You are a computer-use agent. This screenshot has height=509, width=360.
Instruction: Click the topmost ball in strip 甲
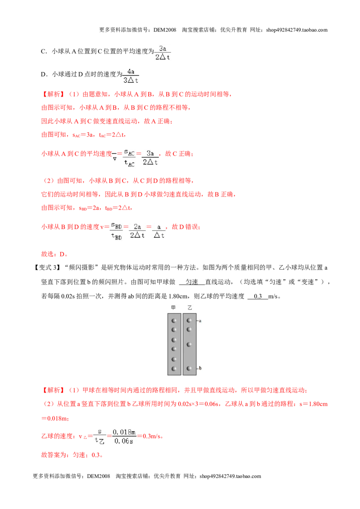coord(174,321)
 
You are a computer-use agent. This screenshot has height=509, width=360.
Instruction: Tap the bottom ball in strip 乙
coord(189,368)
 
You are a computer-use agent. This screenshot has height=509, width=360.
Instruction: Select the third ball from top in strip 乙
coord(189,344)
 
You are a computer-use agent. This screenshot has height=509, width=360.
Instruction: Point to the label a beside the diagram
coord(200,321)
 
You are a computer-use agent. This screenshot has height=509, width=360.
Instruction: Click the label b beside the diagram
coord(200,368)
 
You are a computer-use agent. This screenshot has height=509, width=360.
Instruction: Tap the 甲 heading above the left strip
coord(174,308)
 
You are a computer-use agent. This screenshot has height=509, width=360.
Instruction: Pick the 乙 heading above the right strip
coord(190,308)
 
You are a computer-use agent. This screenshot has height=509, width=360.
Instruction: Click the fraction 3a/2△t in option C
coord(162,53)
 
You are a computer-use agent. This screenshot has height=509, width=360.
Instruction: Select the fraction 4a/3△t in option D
coord(131,76)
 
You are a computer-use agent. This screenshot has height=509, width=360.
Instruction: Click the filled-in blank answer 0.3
coord(258,296)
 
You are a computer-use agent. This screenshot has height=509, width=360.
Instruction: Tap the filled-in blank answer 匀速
coord(192,282)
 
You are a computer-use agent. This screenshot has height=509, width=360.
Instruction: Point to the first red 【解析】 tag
coord(54,94)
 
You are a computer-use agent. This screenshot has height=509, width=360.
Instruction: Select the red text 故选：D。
coord(54,254)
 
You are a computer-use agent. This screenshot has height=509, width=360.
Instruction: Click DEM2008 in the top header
coord(165,30)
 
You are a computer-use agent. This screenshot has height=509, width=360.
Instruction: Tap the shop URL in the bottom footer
coord(230,476)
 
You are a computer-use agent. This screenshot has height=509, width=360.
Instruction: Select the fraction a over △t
coord(159,231)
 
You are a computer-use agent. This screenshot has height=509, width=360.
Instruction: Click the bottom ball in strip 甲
coord(174,369)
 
